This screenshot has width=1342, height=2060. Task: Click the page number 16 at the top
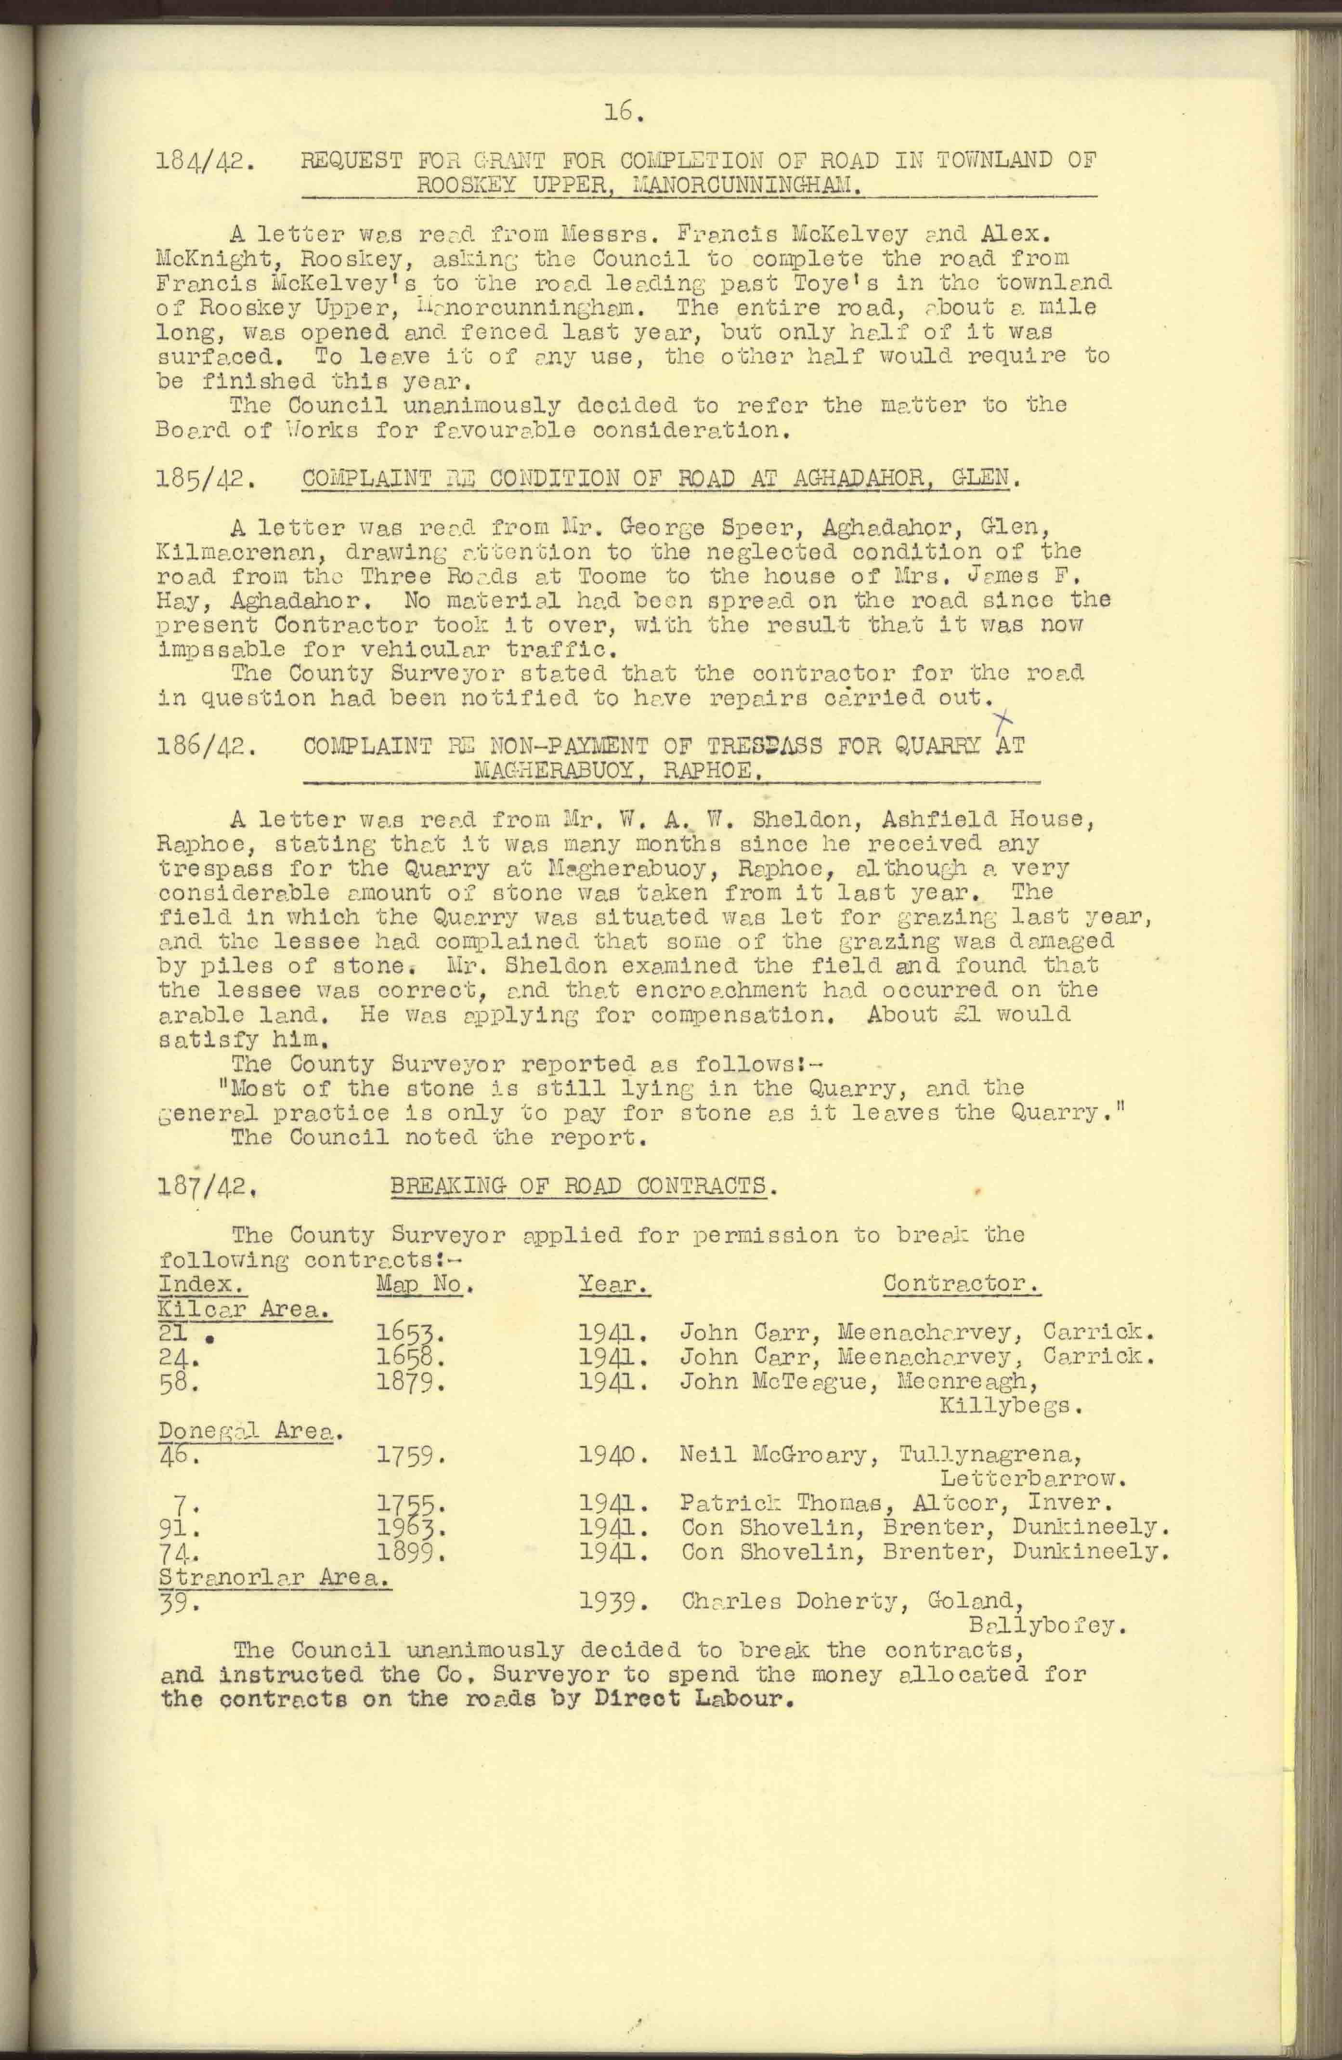(x=623, y=111)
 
